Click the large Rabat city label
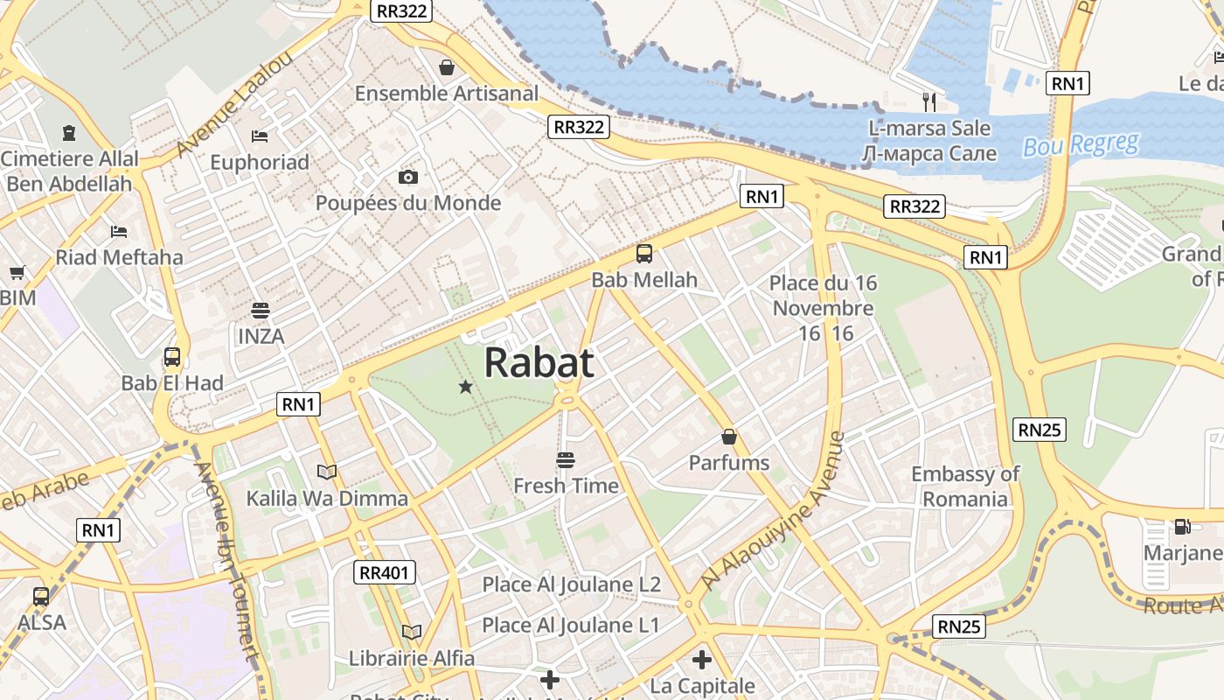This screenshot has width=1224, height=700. coord(539,362)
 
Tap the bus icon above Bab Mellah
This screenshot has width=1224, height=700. coord(644,255)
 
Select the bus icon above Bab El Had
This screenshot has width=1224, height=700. coord(172,357)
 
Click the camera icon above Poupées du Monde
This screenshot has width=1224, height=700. coord(407,178)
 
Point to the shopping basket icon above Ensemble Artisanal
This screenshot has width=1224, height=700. coord(447,67)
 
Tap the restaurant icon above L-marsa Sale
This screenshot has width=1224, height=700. coord(929,102)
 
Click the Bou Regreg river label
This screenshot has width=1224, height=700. coord(1081,144)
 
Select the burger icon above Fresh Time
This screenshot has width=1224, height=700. coord(565,459)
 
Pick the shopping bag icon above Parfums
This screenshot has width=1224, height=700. coord(729,437)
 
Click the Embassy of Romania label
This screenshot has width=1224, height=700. coord(965,486)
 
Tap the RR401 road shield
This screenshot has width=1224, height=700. coord(385,573)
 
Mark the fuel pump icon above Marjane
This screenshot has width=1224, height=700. coord(1182,527)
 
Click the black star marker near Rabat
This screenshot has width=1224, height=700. coord(466,386)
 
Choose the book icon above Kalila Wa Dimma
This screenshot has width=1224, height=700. coord(327,472)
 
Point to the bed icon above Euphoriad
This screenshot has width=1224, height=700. coord(260,136)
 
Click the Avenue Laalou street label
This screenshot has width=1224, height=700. coord(223,104)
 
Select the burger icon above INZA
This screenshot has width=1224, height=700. coord(260,310)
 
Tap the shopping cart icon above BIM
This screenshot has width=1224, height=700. coord(17,272)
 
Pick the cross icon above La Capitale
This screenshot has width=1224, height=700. coord(702,660)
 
